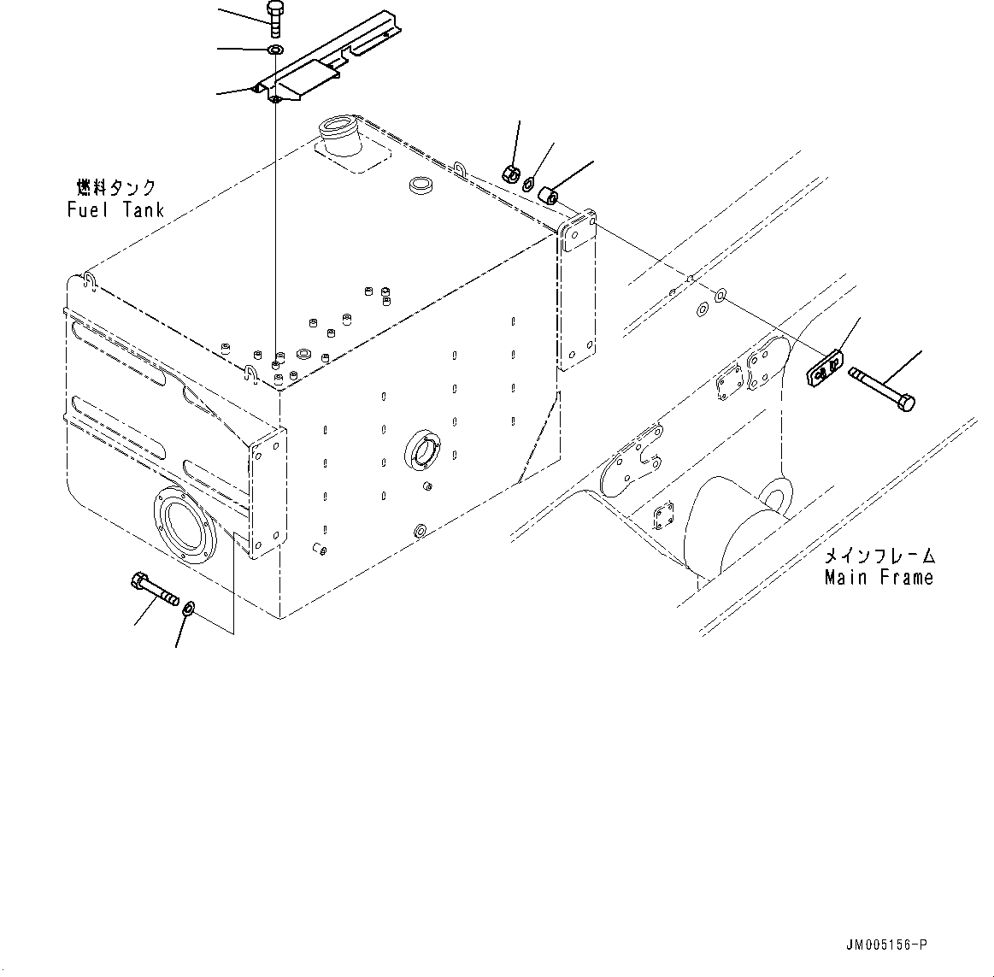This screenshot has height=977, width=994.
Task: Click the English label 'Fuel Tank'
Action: coord(115,209)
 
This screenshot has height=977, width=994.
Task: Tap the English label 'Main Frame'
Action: coord(878,578)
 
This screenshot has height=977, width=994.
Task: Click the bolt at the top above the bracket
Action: coord(275,19)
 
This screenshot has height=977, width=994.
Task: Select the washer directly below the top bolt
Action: coord(275,51)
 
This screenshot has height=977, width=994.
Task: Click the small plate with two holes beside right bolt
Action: coord(823,368)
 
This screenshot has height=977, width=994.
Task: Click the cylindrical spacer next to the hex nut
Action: coord(550,195)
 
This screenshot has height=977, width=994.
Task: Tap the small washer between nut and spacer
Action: coord(530,182)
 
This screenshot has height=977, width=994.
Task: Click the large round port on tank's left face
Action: coord(184,525)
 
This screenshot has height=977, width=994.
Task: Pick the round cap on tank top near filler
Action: coord(421,185)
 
